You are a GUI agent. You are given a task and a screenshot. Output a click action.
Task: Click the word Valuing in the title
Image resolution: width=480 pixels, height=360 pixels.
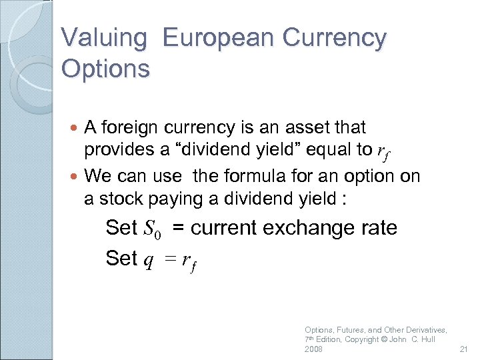pyautogui.click(x=103, y=38)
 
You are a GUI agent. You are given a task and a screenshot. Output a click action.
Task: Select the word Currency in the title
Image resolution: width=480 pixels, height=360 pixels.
pyautogui.click(x=334, y=38)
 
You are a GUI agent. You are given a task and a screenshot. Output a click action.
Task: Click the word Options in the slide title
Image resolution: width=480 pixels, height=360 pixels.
pyautogui.click(x=105, y=68)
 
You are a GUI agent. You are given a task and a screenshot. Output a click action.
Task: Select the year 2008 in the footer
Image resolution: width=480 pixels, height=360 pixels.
pyautogui.click(x=313, y=349)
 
